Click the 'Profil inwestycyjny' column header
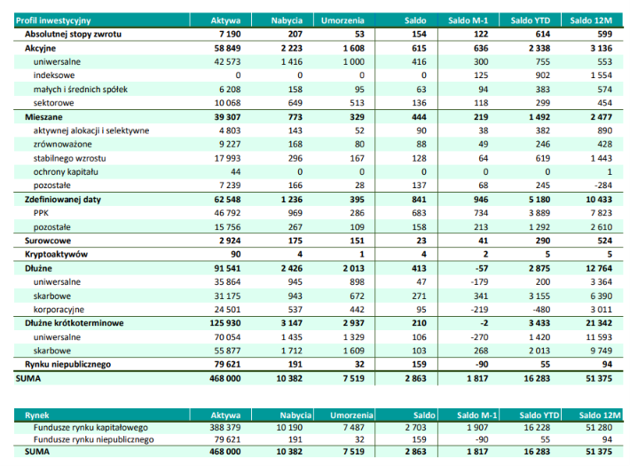click(53, 20)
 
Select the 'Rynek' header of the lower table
click(37, 415)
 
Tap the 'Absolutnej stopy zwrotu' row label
click(73, 35)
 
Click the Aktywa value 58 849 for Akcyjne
click(227, 48)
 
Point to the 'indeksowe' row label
click(54, 75)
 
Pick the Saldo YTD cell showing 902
click(542, 75)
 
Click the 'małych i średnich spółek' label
click(81, 90)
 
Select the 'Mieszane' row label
click(43, 117)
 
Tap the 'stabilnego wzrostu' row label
click(69, 158)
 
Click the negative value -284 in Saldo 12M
click(603, 186)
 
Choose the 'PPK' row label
click(41, 213)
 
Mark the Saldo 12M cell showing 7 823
click(602, 213)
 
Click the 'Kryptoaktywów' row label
click(56, 254)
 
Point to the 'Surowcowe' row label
click(48, 241)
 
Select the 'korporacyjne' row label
click(59, 310)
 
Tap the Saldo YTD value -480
click(540, 310)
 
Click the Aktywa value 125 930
click(225, 323)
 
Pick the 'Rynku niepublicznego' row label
click(68, 365)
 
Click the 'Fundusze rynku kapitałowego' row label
click(91, 428)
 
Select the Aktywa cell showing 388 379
click(225, 428)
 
